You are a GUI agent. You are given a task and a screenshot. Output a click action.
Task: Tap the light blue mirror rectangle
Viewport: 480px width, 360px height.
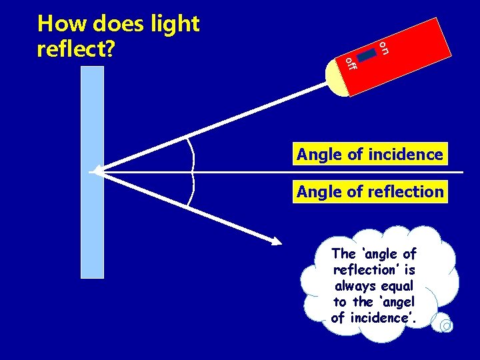click(x=92, y=220)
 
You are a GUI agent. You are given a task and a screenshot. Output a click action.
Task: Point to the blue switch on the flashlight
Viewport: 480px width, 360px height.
click(x=368, y=55)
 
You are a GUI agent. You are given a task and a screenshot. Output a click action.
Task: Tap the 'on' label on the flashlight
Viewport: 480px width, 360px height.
click(x=384, y=47)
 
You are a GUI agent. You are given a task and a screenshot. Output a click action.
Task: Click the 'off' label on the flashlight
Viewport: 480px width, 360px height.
click(x=351, y=64)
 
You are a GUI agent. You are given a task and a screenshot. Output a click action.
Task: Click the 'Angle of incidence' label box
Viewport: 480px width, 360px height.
click(x=370, y=155)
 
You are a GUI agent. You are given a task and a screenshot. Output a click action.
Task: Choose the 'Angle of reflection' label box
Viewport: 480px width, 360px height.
click(x=370, y=192)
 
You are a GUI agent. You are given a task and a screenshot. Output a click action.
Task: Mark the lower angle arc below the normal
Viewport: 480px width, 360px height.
click(x=193, y=190)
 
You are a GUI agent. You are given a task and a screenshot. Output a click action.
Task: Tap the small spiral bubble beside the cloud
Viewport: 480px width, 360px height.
click(x=446, y=325)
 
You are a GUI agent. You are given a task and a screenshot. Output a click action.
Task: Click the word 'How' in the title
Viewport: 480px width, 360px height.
click(x=63, y=24)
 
